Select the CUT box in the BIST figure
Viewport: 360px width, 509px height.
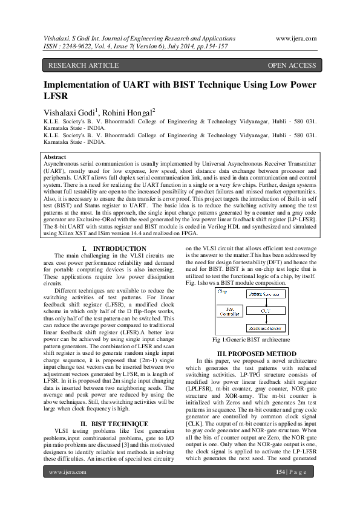click(266, 311)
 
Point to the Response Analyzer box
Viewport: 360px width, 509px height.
click(266, 329)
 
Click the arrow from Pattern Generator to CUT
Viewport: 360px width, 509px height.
click(266, 302)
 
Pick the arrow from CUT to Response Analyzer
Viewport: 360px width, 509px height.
click(266, 320)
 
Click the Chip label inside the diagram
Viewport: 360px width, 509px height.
click(222, 291)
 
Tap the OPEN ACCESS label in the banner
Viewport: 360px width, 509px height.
click(292, 65)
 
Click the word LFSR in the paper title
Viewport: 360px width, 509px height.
click(57, 96)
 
